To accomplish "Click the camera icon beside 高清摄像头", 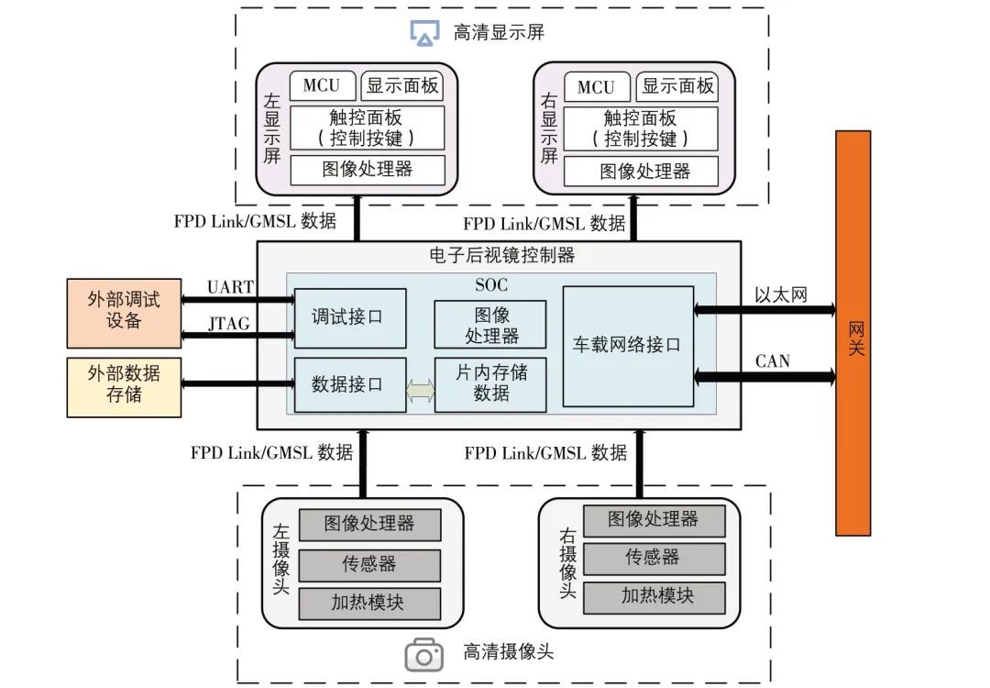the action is point(423,654).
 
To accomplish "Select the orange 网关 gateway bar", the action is point(853,333).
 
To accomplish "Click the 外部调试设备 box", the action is point(124,313).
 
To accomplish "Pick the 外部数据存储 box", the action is point(124,387).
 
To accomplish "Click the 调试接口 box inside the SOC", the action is point(350,317).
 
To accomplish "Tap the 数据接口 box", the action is point(350,384).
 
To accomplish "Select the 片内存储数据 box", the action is point(490,384).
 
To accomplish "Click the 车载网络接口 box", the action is point(628,346).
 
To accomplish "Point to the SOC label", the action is point(491,285).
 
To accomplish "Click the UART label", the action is point(230,287).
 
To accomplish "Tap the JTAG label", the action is point(229,324).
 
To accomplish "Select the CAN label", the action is point(773,361).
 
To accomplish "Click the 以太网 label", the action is point(781,295).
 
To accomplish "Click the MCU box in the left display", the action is point(322,85).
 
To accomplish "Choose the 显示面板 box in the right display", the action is point(677,86).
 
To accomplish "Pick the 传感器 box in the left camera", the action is point(369,564).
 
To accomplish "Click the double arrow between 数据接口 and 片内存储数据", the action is point(421,391).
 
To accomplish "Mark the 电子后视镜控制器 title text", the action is point(502,255).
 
